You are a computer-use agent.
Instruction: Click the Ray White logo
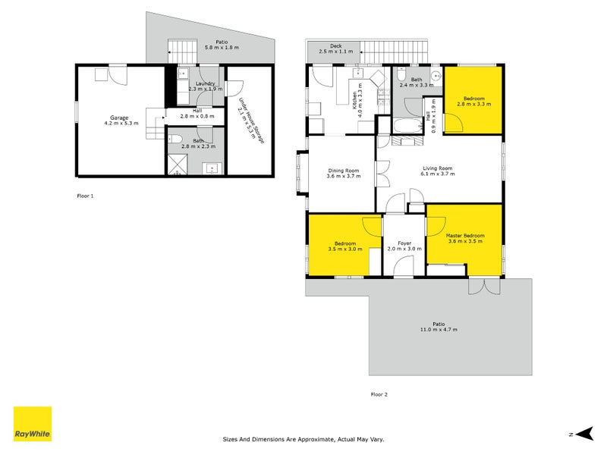pyautogui.click(x=33, y=425)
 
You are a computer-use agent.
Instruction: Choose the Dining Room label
pyautogui.click(x=343, y=170)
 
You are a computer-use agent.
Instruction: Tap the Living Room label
pyautogui.click(x=438, y=168)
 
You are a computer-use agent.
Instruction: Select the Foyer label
pyautogui.click(x=404, y=243)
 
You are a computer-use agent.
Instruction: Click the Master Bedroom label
pyautogui.click(x=465, y=236)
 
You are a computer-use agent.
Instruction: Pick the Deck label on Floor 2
pyautogui.click(x=335, y=45)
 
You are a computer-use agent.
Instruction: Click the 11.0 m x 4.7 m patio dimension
pyautogui.click(x=439, y=329)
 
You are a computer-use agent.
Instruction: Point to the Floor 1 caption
pyautogui.click(x=86, y=195)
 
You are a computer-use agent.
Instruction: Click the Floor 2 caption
pyautogui.click(x=379, y=394)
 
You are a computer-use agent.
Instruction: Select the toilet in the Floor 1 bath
pyautogui.click(x=175, y=139)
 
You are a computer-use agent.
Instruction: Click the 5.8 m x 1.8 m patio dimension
pyautogui.click(x=222, y=48)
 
